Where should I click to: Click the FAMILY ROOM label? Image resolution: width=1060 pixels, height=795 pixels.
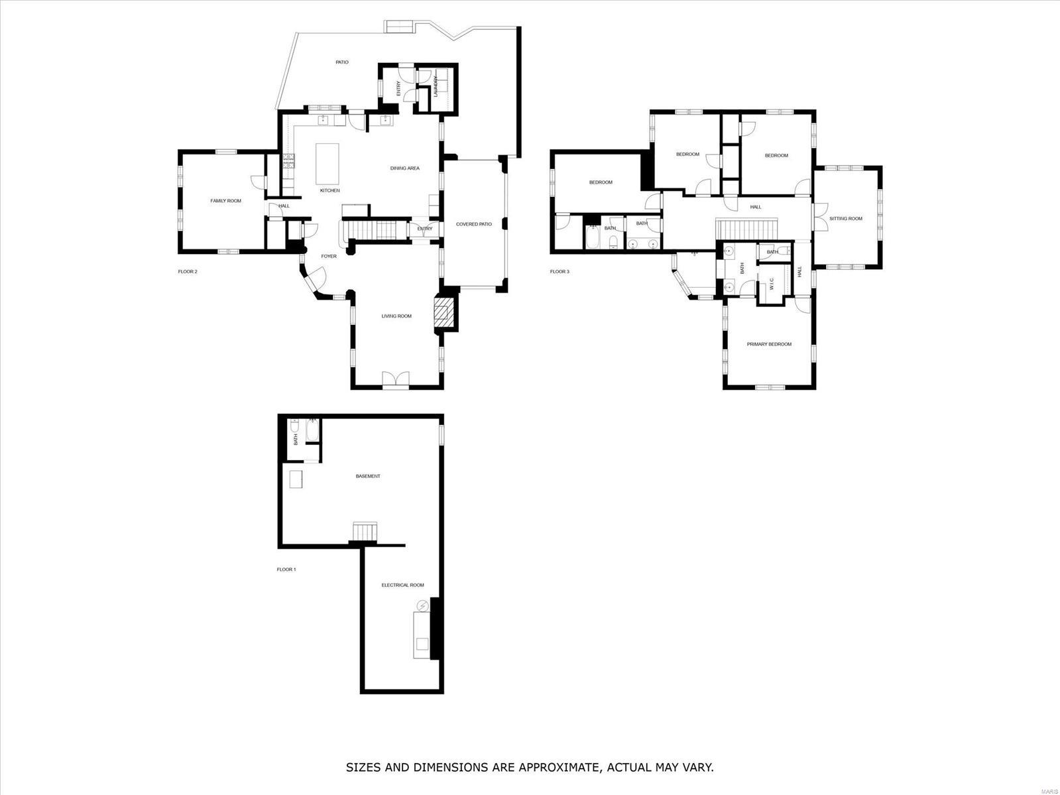click(x=225, y=200)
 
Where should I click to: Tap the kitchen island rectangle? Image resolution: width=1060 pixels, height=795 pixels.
click(x=327, y=164)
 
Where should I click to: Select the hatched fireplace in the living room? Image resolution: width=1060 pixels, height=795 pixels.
click(x=445, y=314)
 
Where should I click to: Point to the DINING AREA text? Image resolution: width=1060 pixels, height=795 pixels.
click(x=404, y=168)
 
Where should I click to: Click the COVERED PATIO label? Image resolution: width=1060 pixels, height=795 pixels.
click(x=474, y=224)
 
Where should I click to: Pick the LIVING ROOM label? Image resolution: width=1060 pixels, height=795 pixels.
click(x=396, y=316)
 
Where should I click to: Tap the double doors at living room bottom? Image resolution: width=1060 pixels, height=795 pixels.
click(x=396, y=379)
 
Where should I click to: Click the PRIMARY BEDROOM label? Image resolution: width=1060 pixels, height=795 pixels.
click(x=769, y=344)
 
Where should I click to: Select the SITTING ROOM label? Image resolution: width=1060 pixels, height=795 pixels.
click(x=846, y=219)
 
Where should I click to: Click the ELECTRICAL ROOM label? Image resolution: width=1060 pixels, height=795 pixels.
click(x=402, y=585)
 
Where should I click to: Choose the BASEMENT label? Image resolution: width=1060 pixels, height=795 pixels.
click(x=368, y=476)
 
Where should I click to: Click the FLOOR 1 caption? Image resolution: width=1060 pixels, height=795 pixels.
click(x=286, y=570)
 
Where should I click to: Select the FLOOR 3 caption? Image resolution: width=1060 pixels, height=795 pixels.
click(x=559, y=271)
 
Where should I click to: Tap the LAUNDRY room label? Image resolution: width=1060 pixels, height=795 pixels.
click(x=436, y=87)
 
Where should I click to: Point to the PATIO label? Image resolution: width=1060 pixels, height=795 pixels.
click(x=341, y=62)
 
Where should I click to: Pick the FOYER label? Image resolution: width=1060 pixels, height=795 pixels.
click(x=329, y=256)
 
